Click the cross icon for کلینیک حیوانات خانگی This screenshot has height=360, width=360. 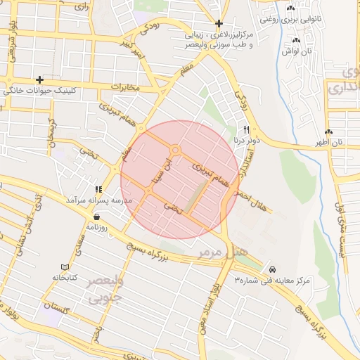(39, 79)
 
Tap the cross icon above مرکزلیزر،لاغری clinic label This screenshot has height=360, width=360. (219, 23)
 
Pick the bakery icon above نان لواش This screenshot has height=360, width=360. (286, 40)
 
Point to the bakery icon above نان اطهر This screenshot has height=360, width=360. (329, 131)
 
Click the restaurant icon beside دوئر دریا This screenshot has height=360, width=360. (246, 129)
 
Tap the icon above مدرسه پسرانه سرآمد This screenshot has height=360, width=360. (98, 189)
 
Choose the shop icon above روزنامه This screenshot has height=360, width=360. (96, 217)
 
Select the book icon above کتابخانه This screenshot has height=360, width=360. (65, 267)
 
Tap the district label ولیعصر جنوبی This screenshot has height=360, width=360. (103, 288)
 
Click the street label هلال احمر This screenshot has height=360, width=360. (252, 198)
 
